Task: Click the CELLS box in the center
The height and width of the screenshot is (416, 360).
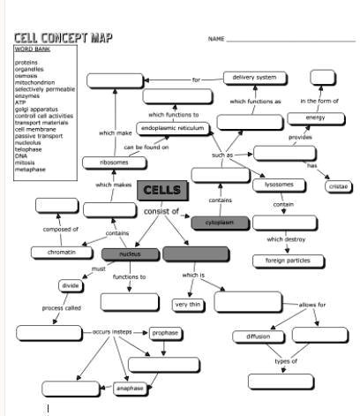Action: pyautogui.click(x=161, y=190)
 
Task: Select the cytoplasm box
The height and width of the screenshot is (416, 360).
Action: pyautogui.click(x=220, y=223)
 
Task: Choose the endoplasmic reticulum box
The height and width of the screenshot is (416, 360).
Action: pyautogui.click(x=174, y=128)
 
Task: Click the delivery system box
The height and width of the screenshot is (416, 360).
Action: pyautogui.click(x=254, y=78)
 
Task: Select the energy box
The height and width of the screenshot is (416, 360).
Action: pyautogui.click(x=315, y=117)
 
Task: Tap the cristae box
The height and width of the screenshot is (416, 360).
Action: pyautogui.click(x=338, y=186)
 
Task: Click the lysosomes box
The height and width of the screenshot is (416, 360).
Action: pyautogui.click(x=279, y=185)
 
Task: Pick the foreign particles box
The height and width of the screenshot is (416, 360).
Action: pyautogui.click(x=282, y=261)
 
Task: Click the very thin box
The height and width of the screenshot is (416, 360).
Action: pyautogui.click(x=187, y=305)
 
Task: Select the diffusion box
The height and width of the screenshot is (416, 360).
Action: pyautogui.click(x=258, y=337)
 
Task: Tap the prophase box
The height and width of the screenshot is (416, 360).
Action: pyautogui.click(x=164, y=333)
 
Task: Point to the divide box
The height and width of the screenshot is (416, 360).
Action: pyautogui.click(x=71, y=285)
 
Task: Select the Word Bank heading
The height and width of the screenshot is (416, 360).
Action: pyautogui.click(x=32, y=49)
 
